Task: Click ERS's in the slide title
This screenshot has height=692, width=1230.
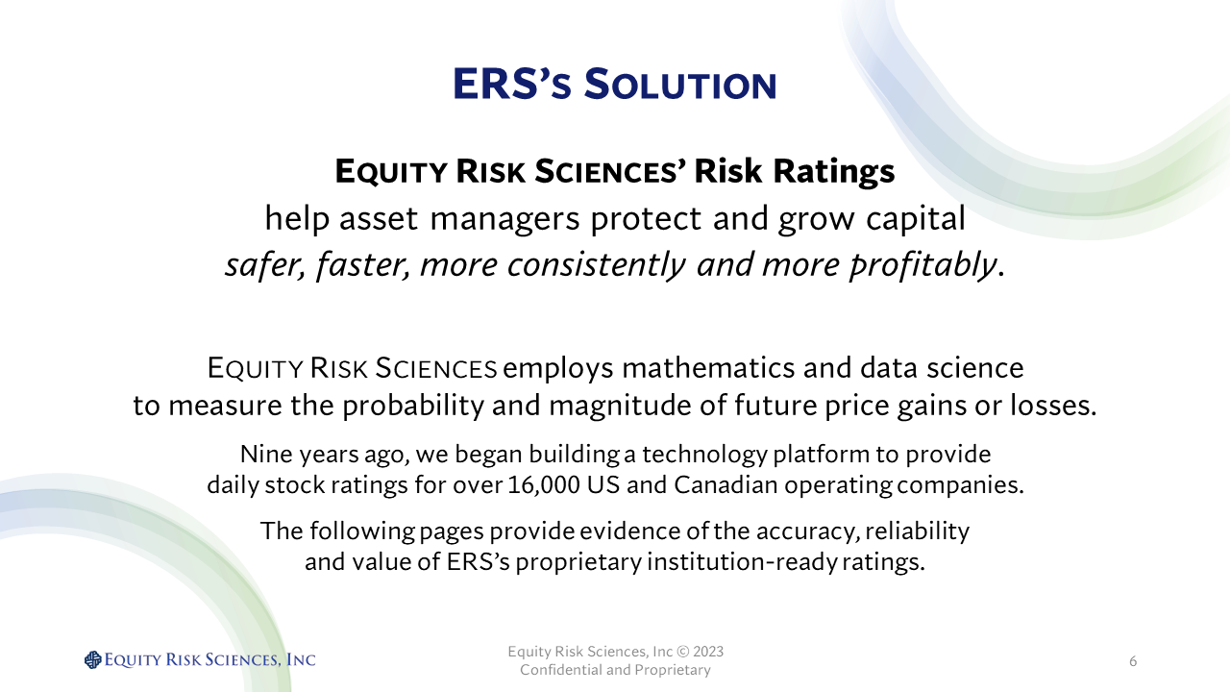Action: coord(512,84)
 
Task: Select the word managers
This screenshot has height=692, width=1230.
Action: coord(504,219)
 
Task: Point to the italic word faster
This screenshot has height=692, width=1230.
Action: coord(363,265)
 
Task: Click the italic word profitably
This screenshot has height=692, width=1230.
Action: coord(923,265)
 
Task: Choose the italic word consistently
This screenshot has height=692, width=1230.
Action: coord(597,265)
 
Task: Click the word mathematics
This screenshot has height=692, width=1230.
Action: coord(708,368)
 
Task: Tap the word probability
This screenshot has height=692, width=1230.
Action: coord(413,407)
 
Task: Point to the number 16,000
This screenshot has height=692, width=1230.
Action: coord(544,485)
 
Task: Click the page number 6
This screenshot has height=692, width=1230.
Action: coord(1133,661)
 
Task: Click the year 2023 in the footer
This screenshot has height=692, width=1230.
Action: coord(708,652)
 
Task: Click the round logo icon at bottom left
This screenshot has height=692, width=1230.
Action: coord(93,659)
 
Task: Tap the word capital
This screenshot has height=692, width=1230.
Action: coord(916,219)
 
